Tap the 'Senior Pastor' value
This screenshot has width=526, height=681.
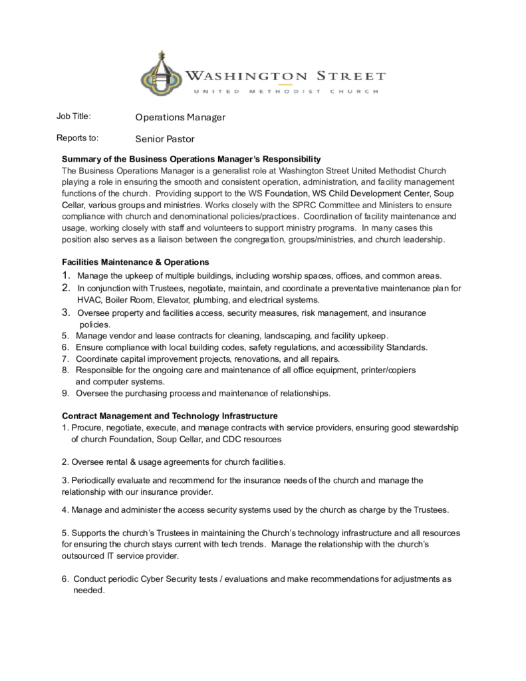tap(165, 139)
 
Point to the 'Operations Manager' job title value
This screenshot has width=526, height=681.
tap(180, 117)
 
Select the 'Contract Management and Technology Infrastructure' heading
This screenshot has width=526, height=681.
tap(170, 416)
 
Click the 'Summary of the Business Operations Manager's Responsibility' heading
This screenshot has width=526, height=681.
tap(192, 159)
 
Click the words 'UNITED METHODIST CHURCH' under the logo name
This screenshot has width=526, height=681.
tap(285, 91)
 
